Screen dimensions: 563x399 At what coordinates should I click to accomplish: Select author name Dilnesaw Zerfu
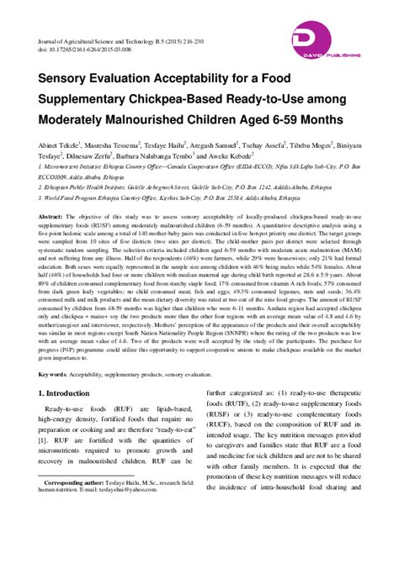88,155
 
